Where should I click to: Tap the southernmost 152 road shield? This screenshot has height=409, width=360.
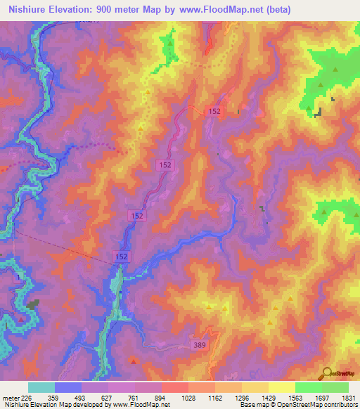pos(121,258)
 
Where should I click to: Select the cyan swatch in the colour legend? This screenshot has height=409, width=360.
pos(41,387)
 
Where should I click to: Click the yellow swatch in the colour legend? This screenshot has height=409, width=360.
pos(281,387)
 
